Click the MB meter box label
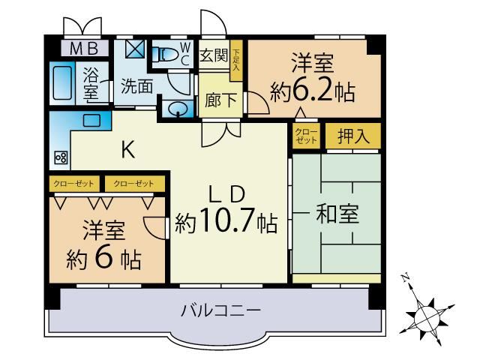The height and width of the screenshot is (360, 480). (84, 49)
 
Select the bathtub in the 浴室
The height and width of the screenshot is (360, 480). (62, 82)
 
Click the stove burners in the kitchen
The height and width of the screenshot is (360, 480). (61, 158)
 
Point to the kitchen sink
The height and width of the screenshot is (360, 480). (91, 120)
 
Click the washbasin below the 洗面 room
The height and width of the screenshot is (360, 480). (178, 109)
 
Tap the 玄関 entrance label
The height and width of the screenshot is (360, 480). (214, 55)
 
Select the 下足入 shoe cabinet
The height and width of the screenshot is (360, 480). (236, 60)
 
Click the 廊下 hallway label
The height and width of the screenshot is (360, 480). (220, 100)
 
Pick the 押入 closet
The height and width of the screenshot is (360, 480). (353, 136)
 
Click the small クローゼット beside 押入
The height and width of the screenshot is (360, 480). (306, 136)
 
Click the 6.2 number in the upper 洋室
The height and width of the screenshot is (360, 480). (313, 91)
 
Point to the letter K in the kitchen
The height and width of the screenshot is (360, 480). (128, 150)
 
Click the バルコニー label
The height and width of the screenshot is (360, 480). (220, 310)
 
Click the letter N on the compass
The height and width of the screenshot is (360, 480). (406, 278)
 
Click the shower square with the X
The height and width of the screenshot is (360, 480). (135, 49)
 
